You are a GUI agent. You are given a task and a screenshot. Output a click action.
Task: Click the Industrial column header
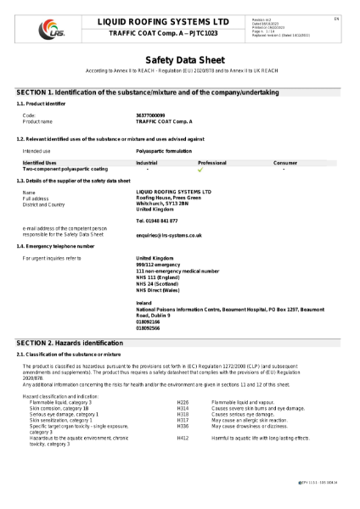[147, 161]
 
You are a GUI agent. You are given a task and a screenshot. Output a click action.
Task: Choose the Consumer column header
[285, 161]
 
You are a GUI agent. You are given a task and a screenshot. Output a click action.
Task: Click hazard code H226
[182, 401]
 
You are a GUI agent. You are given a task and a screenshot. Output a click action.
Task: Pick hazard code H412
[182, 438]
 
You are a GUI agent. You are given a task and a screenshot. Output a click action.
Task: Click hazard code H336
[182, 428]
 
